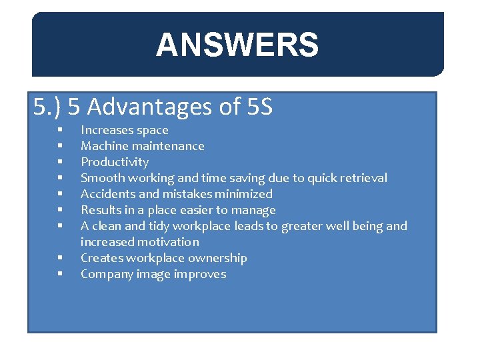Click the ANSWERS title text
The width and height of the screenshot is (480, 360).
click(x=237, y=46)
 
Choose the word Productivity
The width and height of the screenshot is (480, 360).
click(x=115, y=162)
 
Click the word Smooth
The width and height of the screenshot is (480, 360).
click(x=102, y=178)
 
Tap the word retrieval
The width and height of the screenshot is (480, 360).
click(x=363, y=178)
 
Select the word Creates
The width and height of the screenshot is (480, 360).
click(x=100, y=258)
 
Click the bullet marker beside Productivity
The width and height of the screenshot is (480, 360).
click(x=60, y=162)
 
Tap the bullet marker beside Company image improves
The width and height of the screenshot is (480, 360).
click(x=60, y=274)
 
